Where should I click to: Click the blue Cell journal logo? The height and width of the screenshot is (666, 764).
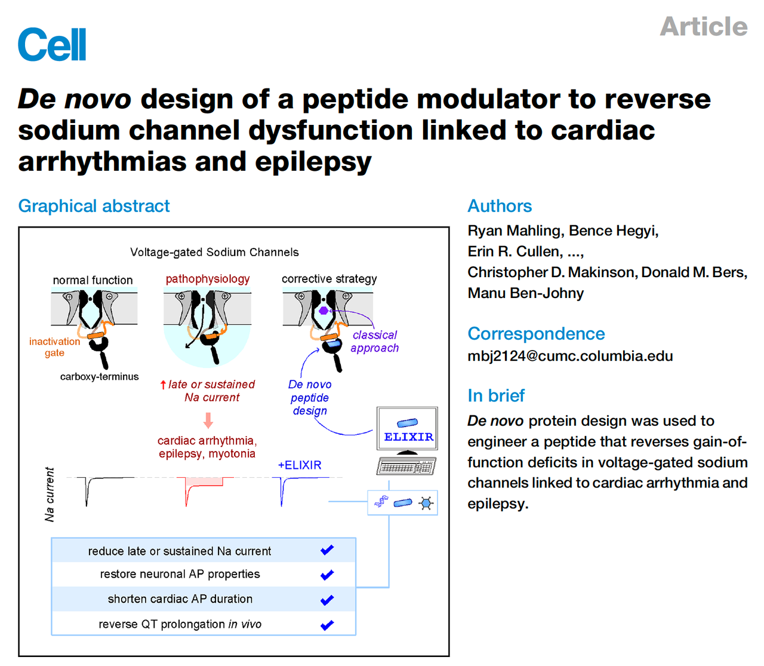(52, 44)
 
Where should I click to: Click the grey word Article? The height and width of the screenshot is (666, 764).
(703, 26)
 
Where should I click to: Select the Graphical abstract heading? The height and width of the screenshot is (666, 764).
(94, 206)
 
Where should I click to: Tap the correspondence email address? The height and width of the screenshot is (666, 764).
(570, 355)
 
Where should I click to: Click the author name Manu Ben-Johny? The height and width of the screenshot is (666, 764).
(525, 293)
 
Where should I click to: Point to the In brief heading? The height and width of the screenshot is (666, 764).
(496, 395)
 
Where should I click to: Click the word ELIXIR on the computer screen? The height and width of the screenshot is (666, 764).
(408, 437)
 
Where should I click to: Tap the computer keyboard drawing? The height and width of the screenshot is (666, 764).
(406, 466)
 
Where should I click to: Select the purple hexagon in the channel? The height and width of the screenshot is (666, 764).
(324, 311)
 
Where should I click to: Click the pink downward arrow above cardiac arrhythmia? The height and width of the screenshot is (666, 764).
(208, 421)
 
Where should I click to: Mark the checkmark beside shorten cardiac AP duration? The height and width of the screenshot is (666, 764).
(327, 600)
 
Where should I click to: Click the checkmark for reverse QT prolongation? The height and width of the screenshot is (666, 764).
(327, 625)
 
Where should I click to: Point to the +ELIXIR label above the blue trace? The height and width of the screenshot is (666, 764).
(300, 465)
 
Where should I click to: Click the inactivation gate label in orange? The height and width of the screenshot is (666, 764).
(54, 347)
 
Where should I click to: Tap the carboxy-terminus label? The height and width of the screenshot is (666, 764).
(99, 376)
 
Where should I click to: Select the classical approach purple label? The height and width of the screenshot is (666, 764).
(374, 342)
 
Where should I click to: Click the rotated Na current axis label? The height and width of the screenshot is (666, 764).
(50, 494)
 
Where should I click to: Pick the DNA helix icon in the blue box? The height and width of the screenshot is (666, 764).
(381, 501)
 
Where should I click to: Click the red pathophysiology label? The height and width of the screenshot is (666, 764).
(208, 279)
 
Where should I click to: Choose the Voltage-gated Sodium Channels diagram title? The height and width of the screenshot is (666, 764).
(214, 253)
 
